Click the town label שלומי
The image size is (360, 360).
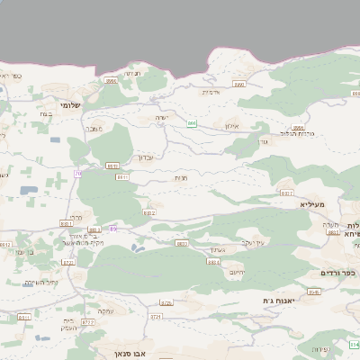(69, 104)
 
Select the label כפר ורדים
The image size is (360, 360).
(338, 273)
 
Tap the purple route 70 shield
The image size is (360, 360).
(78, 173)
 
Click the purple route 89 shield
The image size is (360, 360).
(113, 229)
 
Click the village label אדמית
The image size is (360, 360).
(211, 92)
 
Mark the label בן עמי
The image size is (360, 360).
(25, 252)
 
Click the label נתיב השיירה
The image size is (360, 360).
(40, 283)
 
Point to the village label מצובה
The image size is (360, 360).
(94, 129)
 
